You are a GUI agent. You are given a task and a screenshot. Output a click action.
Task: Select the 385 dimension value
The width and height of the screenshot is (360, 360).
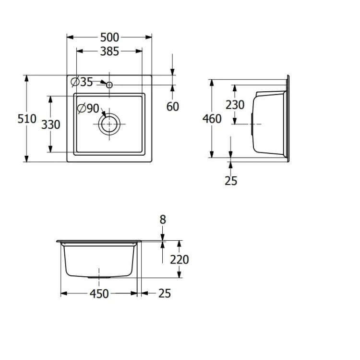point(109,51)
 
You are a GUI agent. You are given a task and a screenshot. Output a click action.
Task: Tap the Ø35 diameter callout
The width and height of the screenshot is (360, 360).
point(82,82)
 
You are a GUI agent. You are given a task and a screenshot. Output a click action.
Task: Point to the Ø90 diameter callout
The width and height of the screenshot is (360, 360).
point(88,109)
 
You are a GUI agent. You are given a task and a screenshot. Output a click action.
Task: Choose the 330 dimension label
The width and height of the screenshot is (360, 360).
point(50,124)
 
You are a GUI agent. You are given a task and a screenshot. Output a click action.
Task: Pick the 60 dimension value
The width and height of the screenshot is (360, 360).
point(173,106)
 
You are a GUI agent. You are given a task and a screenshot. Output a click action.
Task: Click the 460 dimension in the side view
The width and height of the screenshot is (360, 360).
point(212,118)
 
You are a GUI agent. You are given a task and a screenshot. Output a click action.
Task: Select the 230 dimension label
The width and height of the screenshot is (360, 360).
point(235,104)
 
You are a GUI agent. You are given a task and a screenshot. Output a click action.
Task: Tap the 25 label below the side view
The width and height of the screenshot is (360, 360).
point(231,181)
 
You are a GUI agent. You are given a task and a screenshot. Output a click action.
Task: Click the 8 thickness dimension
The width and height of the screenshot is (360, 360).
point(163,220)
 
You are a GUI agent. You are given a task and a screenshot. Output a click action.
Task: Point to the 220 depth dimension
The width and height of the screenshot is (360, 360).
point(180,260)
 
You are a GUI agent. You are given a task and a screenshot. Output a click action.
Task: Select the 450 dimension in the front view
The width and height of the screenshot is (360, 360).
point(99,294)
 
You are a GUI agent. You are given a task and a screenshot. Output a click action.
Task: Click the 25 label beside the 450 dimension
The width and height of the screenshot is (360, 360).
point(164,293)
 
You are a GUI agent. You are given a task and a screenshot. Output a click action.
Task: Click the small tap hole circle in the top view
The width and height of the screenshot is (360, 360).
point(109,85)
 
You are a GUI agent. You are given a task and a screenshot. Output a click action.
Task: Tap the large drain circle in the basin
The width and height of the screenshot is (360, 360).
point(109,124)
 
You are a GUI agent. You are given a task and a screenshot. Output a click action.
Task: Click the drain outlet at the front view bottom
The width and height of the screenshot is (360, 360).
point(99,277)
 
